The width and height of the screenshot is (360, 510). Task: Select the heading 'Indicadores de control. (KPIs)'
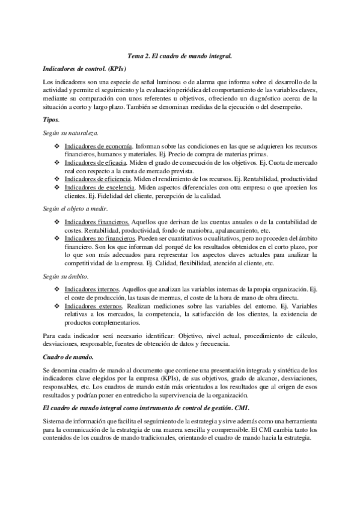tap(85, 69)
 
